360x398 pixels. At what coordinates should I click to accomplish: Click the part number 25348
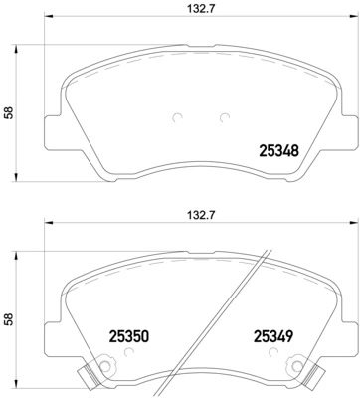pos(278,151)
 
